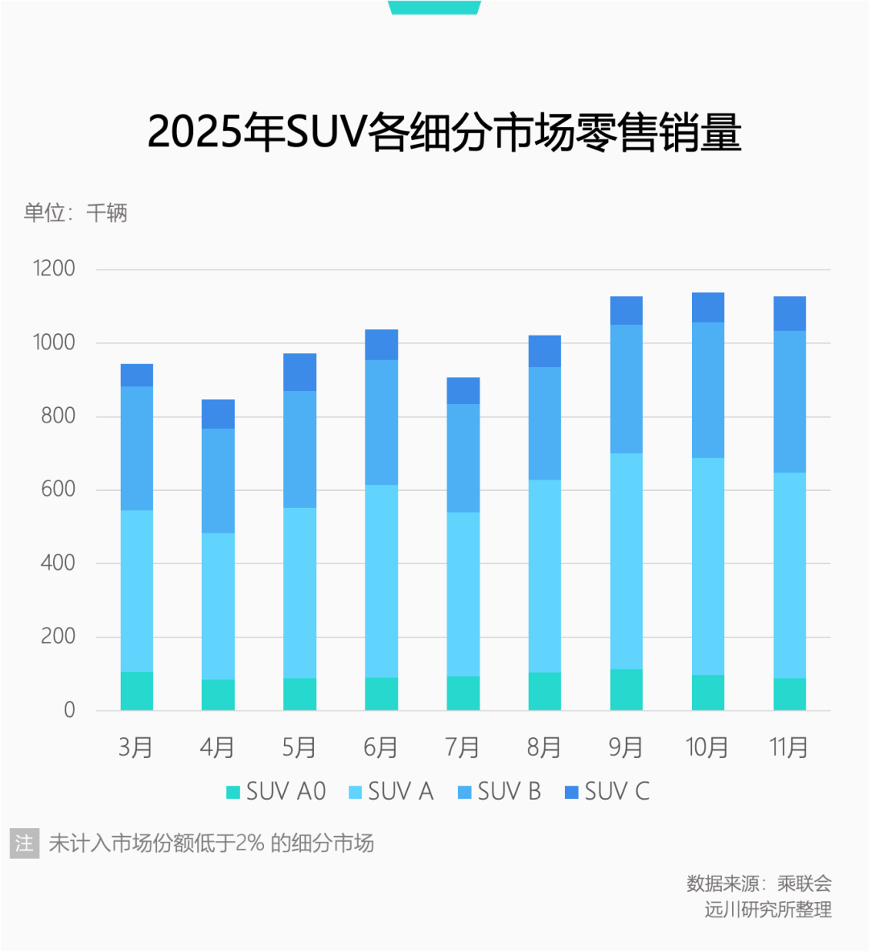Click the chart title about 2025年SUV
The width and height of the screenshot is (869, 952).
tap(443, 133)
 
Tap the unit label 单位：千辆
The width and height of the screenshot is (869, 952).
tap(76, 213)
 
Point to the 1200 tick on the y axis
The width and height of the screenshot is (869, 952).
tap(54, 269)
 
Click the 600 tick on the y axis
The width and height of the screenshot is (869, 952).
tap(58, 489)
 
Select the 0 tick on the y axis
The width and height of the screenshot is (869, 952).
tap(70, 710)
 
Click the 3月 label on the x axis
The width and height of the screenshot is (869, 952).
tap(136, 748)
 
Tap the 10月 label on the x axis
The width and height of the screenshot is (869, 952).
tap(707, 748)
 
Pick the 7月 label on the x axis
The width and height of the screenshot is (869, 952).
tap(463, 748)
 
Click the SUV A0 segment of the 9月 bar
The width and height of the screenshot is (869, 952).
tap(626, 690)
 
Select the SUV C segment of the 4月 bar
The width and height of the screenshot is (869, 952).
tap(218, 414)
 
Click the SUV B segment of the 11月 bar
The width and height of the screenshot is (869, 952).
tap(789, 402)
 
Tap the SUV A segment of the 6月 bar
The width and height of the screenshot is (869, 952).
tap(381, 581)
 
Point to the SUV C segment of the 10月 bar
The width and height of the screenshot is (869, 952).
tap(708, 307)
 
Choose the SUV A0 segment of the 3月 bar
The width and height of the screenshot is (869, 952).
tap(137, 691)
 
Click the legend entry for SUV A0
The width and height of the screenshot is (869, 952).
tap(277, 792)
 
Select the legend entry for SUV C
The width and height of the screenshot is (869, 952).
tap(607, 792)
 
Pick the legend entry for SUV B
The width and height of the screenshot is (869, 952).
tap(500, 792)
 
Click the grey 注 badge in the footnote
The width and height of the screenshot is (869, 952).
tap(25, 843)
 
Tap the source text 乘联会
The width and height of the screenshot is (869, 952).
tap(804, 884)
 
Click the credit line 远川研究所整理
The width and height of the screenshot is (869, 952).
tap(768, 910)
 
